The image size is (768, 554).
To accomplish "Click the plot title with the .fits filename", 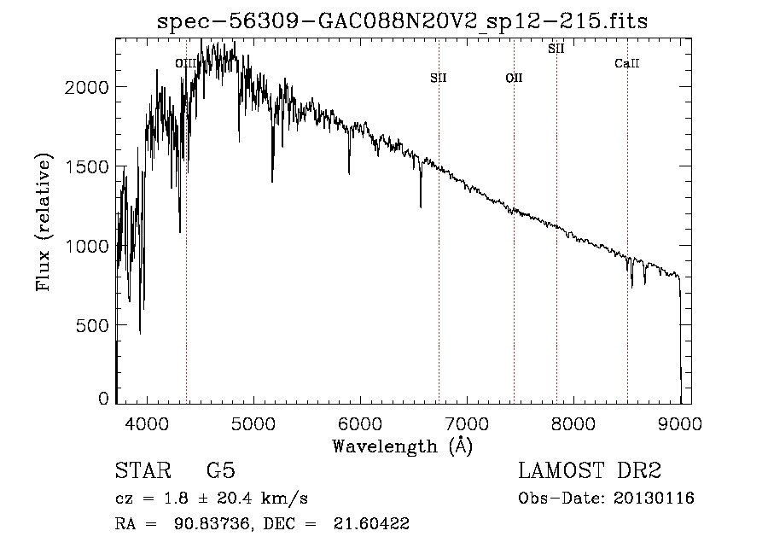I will (403, 22).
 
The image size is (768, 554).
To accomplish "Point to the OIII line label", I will (185, 63).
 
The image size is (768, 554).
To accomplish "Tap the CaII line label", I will (627, 64).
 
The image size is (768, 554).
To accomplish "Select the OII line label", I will (514, 78).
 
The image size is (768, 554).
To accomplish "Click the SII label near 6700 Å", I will (439, 78).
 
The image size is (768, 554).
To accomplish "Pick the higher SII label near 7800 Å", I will (556, 49).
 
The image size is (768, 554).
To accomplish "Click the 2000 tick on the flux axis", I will (89, 88).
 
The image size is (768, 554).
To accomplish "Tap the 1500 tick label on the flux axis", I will (89, 167).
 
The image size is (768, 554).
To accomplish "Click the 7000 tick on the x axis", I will (467, 423).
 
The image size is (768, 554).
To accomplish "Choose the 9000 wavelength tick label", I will (680, 423).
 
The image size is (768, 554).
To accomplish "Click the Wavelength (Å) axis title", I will (402, 446).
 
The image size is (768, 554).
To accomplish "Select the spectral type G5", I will (221, 471).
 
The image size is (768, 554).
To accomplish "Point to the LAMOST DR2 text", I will (590, 471).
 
